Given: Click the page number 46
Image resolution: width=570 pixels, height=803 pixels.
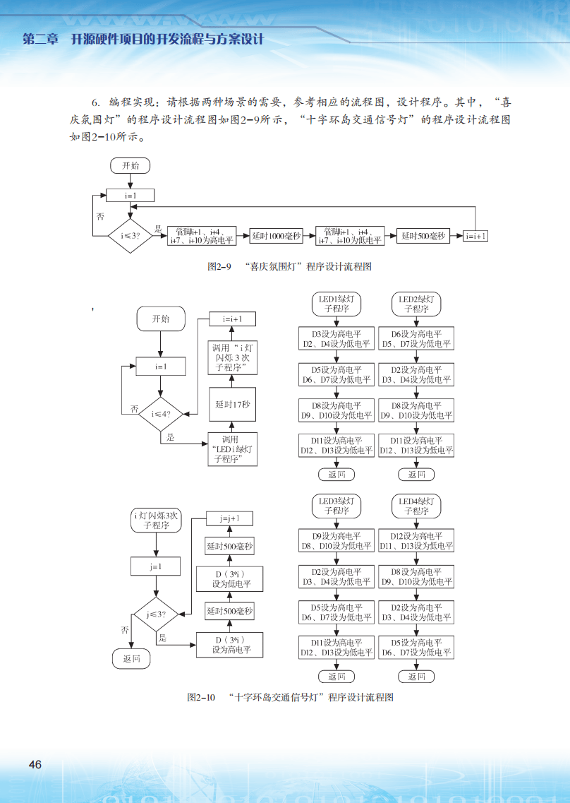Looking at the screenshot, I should point(35,765).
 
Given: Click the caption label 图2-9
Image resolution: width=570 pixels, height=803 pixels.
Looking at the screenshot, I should point(219,267).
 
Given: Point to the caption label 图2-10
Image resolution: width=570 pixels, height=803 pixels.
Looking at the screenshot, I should point(200,697).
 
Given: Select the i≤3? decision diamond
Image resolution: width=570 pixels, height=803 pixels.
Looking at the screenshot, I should point(131,236).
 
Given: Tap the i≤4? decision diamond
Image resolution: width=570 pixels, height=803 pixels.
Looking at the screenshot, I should point(160,414).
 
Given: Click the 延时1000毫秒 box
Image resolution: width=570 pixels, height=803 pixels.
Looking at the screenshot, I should point(277,237).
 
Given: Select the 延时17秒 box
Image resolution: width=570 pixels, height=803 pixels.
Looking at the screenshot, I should point(232,405).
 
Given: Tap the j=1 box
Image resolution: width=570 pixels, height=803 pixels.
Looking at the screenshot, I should point(156,566).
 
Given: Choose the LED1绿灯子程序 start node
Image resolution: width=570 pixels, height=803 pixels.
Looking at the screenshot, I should point(336,304).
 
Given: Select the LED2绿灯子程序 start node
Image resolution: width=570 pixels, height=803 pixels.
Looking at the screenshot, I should point(416,304).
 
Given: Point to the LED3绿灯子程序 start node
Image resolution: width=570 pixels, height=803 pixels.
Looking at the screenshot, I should point(336,506).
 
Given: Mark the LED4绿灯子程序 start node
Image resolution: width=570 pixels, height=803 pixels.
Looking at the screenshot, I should point(416,506).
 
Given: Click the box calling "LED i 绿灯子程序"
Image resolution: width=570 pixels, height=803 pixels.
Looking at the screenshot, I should point(232,449).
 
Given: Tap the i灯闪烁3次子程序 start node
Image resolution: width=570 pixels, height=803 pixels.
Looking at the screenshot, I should point(156,521).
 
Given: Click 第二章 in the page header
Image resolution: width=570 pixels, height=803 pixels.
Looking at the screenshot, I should point(40,39).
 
